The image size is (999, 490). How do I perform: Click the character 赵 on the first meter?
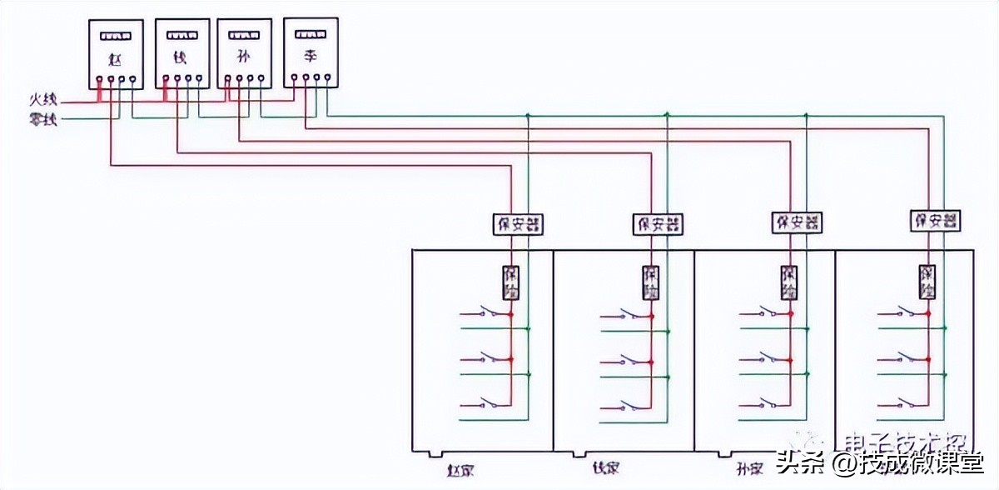pyautogui.click(x=115, y=60)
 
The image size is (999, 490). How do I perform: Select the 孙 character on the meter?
pyautogui.click(x=244, y=59)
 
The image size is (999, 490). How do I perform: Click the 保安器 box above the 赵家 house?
pyautogui.click(x=518, y=224)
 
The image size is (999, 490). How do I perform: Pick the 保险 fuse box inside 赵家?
pyautogui.click(x=510, y=283)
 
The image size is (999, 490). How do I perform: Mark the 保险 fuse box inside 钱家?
pyautogui.click(x=650, y=283)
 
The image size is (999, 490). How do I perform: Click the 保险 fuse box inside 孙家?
pyautogui.click(x=789, y=283)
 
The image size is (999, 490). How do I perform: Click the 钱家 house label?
pyautogui.click(x=605, y=468)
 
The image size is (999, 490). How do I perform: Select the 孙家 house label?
pyautogui.click(x=750, y=468)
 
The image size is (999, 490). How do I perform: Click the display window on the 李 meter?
pyautogui.click(x=310, y=34)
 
